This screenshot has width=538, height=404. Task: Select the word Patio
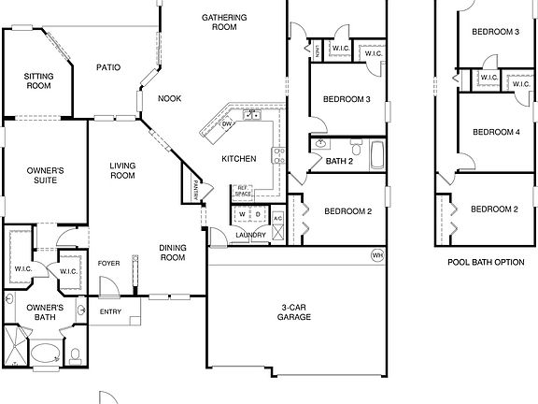coord(109,67)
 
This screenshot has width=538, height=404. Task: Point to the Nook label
coord(169,98)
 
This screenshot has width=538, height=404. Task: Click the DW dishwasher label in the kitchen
coord(226,123)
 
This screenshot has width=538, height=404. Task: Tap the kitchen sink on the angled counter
coord(251,115)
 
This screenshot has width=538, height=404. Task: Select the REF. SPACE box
coord(243,191)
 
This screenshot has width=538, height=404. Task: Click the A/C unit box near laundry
coord(277,217)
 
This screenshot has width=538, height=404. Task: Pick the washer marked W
coord(242,214)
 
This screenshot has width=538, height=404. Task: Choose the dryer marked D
coord(259,214)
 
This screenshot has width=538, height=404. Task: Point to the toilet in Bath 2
coord(356,148)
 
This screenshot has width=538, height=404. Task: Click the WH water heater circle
coord(377,254)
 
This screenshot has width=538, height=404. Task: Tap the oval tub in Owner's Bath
coord(44,354)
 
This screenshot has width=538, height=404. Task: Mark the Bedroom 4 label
coord(495,132)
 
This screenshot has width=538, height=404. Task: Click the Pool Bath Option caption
coord(485,262)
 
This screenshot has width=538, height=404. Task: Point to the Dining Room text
coord(172,252)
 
